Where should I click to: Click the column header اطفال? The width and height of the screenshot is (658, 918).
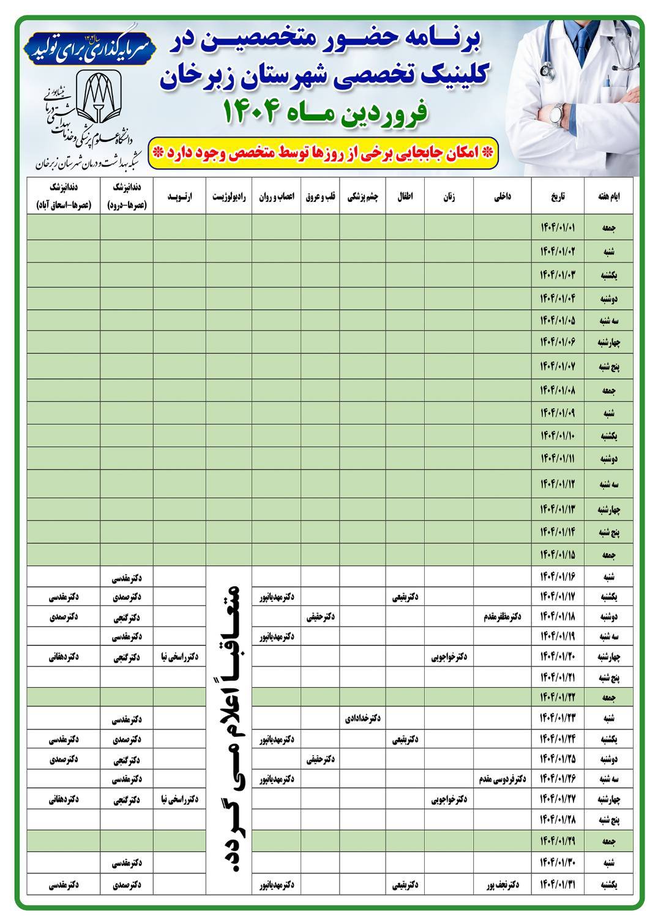coord(405,197)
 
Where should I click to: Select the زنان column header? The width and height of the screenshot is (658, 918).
coord(449,197)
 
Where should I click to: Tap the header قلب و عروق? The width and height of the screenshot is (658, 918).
coord(320,197)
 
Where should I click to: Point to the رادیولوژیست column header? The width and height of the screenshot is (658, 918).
coord(229,197)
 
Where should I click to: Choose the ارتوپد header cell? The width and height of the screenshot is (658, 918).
coord(180,197)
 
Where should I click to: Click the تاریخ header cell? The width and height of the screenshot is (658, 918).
coord(558,197)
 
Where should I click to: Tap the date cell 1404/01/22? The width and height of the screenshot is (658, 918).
coord(558,696)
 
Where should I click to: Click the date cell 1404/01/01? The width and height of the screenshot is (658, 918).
coord(558,228)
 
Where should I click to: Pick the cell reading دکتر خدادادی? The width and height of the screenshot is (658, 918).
coord(363,717)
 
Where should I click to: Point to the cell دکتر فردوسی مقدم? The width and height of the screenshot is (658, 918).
coord(503,780)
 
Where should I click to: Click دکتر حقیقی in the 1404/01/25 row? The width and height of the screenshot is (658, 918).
coord(320,760)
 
